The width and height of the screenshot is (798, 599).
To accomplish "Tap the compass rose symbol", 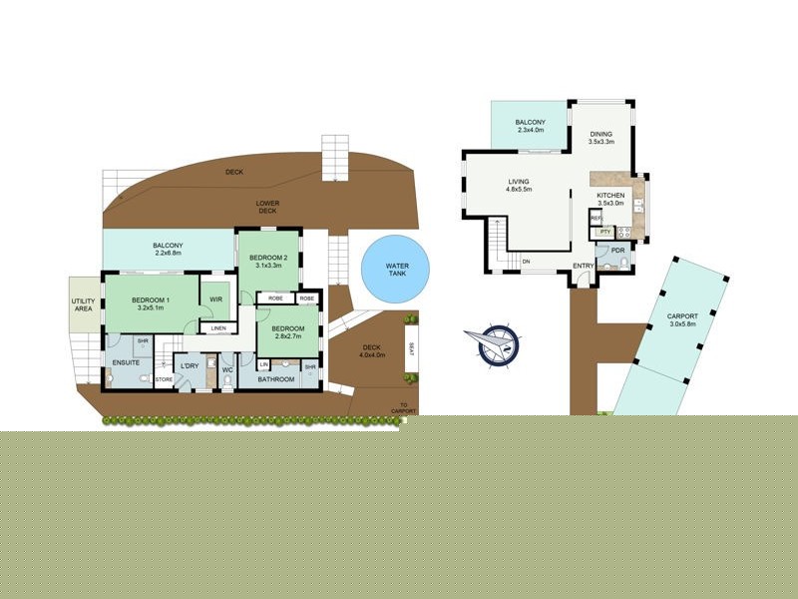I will [496, 342].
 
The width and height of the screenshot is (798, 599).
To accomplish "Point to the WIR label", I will [215, 299].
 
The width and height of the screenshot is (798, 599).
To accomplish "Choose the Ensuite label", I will [126, 362].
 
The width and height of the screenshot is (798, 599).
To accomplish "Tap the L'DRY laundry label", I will [190, 365].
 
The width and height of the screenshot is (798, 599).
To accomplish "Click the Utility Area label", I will [82, 305].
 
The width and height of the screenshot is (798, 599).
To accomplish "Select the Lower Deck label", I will [267, 207].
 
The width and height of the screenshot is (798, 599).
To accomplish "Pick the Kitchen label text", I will [610, 195].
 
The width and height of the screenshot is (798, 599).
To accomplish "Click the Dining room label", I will [600, 134].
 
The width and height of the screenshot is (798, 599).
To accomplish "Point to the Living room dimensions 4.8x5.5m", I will [520, 190].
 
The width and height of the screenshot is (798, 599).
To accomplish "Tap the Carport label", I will [682, 317].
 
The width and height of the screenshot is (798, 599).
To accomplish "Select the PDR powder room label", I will [617, 250].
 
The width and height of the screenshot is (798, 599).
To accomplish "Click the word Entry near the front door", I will [584, 266].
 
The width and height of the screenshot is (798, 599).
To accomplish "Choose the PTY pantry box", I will [604, 232].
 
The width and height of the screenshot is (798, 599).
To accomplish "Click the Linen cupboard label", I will [217, 328].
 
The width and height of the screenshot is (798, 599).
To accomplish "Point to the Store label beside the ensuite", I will [164, 379].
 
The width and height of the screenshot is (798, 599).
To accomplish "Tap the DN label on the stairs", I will [527, 263].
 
